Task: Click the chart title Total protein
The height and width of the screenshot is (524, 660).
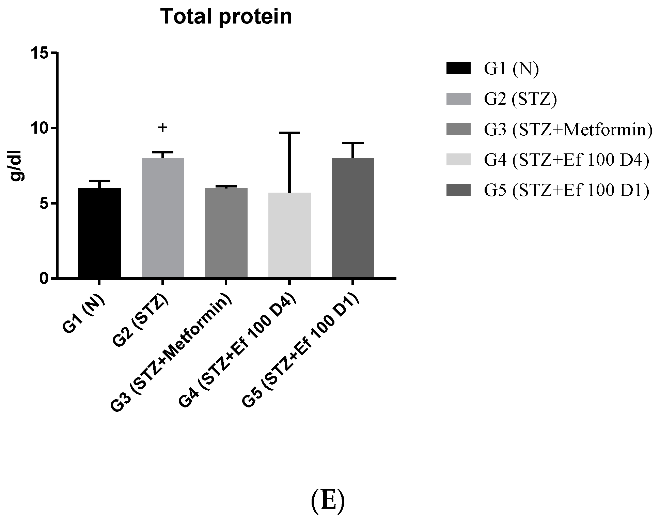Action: (x=226, y=17)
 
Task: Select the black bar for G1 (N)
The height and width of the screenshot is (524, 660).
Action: (x=99, y=233)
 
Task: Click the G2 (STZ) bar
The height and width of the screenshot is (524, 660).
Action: (x=163, y=218)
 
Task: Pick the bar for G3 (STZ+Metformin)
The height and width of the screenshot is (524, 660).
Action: (x=226, y=233)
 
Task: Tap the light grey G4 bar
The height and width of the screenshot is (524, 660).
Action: (x=289, y=235)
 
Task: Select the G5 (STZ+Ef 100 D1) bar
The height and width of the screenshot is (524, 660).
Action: (x=353, y=218)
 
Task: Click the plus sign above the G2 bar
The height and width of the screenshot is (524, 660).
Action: (x=163, y=128)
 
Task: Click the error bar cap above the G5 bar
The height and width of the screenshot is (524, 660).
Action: (x=353, y=143)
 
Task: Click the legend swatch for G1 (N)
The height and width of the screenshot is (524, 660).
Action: (x=458, y=69)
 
